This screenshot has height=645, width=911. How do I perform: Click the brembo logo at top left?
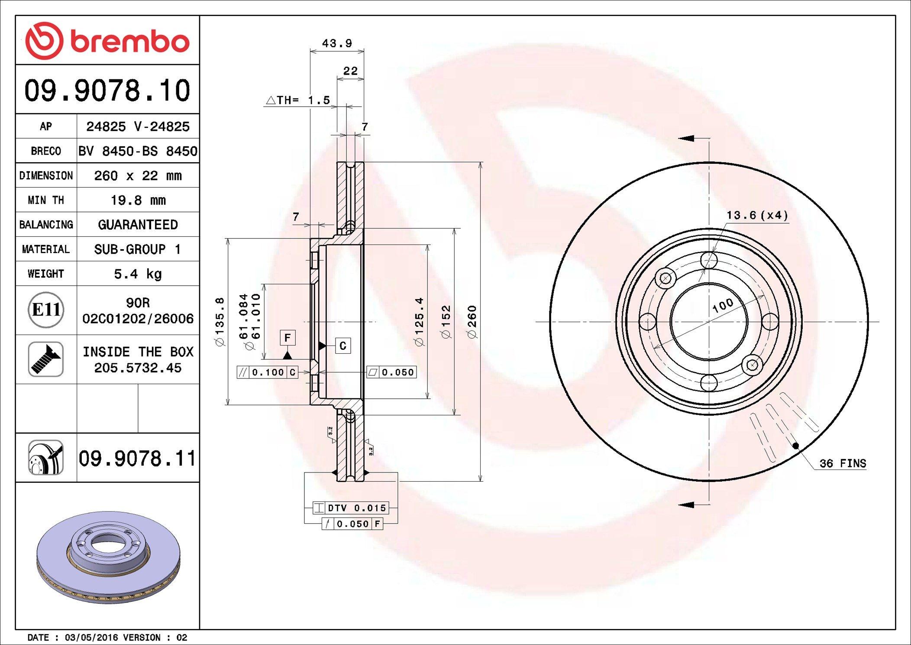point(107,41)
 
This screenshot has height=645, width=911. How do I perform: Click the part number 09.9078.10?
point(107,90)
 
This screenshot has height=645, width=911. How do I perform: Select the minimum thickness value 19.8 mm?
point(138,200)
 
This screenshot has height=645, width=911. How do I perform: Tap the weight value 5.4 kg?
point(138,274)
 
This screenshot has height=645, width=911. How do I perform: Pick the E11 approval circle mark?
point(46,310)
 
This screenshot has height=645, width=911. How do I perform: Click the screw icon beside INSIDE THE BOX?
point(46,359)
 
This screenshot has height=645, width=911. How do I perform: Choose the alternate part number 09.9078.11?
point(137,458)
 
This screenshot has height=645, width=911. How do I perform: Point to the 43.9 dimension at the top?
point(337,43)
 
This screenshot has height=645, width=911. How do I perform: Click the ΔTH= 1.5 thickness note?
point(298,100)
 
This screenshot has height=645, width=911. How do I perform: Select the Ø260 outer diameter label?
point(472,322)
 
